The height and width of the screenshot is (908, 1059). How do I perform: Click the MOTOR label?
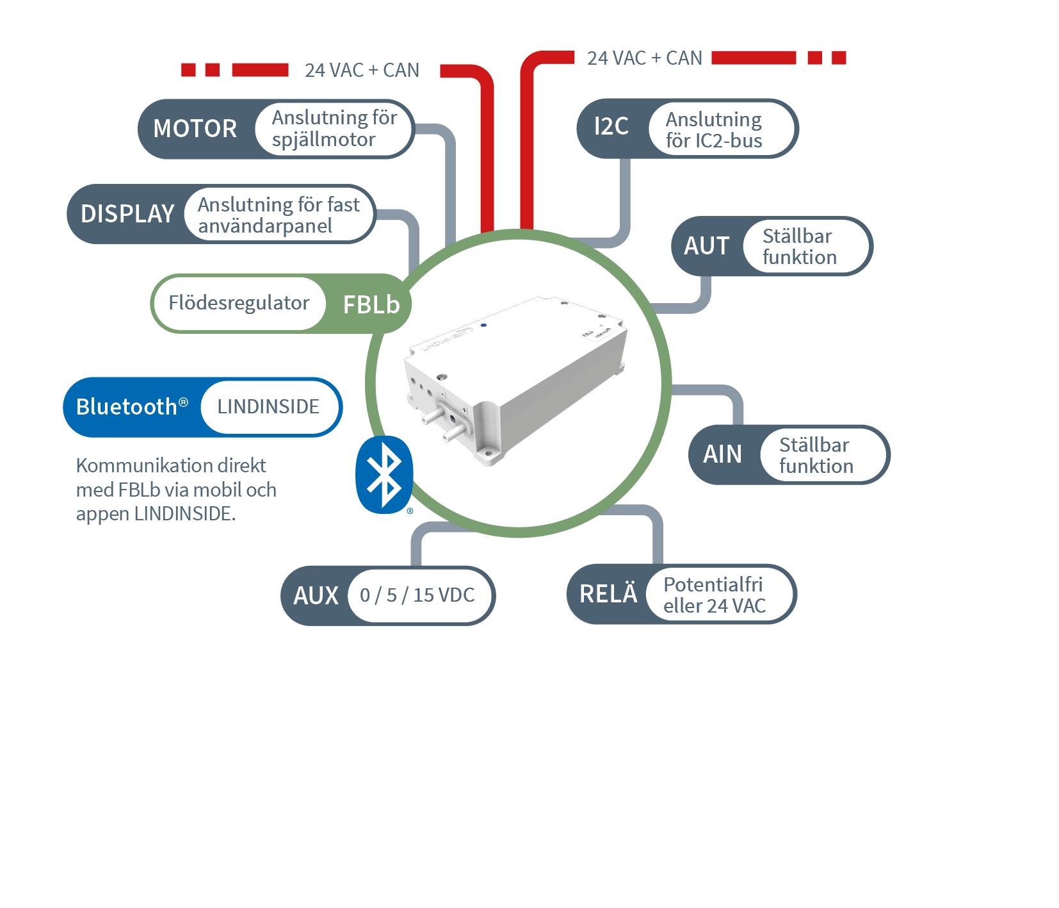(x=195, y=129)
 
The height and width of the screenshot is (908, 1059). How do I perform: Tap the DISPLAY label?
(x=127, y=214)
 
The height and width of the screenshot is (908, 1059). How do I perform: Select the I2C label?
(x=611, y=127)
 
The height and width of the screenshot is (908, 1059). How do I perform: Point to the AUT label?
(x=706, y=246)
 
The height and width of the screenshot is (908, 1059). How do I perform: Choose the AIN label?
(x=722, y=454)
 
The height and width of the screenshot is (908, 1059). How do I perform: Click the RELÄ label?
(x=608, y=594)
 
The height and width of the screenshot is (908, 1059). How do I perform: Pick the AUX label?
(x=316, y=596)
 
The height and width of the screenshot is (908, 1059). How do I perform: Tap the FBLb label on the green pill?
(x=371, y=305)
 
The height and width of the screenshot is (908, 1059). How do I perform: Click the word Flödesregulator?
(x=239, y=303)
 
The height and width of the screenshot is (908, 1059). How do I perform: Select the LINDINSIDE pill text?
(x=268, y=407)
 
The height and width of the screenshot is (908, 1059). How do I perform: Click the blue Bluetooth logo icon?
(x=384, y=475)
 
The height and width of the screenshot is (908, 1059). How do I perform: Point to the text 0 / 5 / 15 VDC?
(x=417, y=595)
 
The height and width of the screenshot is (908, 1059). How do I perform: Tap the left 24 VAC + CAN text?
(x=362, y=70)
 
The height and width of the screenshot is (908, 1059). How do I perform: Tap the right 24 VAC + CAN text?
(x=644, y=58)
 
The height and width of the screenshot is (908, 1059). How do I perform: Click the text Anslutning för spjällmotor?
(x=334, y=129)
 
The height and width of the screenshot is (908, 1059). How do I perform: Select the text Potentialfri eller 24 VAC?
(x=714, y=595)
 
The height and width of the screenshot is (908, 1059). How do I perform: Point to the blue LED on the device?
(x=483, y=326)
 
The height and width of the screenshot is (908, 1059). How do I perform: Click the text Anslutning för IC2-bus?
(x=714, y=130)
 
